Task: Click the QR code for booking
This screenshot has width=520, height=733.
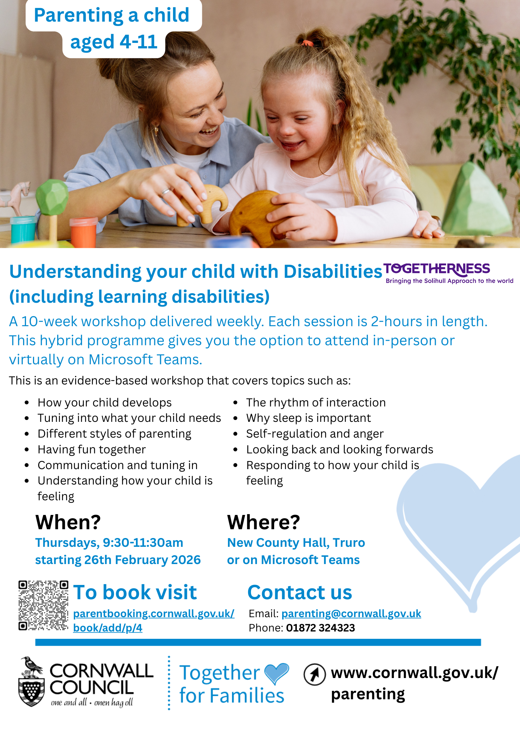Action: [x=43, y=605]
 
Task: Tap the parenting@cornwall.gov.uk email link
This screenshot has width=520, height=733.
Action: [x=351, y=614]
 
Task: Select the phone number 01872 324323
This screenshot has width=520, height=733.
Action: [x=321, y=628]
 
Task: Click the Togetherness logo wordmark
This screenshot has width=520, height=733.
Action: [x=436, y=269]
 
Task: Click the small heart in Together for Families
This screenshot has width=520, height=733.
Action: [x=276, y=674]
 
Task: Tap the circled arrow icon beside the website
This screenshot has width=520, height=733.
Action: [x=314, y=674]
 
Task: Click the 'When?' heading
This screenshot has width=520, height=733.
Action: [x=68, y=522]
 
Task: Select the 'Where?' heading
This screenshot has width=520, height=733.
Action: [x=263, y=522]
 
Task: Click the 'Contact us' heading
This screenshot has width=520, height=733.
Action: [x=300, y=592]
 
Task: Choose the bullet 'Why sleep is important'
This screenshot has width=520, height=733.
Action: [x=309, y=418]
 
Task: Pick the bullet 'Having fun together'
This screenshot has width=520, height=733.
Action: [x=92, y=449]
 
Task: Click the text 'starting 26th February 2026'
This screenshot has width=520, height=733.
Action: [x=118, y=560]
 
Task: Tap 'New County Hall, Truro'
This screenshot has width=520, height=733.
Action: [x=296, y=543]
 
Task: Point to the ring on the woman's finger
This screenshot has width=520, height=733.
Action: [x=166, y=191]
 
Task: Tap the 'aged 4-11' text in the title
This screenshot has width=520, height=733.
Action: [x=114, y=42]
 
